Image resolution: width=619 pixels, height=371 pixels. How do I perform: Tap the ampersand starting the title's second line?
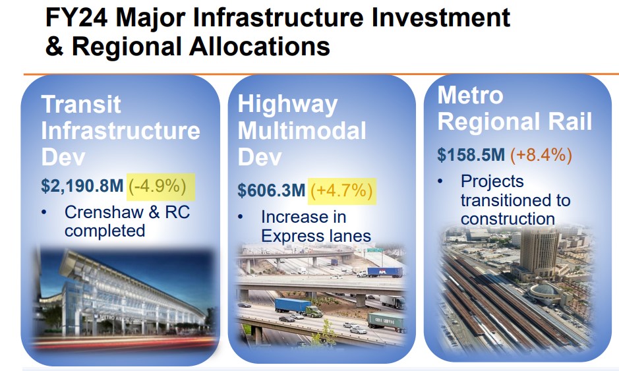pos(55,47)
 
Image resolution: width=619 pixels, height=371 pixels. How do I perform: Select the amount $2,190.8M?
pos(82,186)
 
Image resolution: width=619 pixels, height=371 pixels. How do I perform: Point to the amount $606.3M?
pos(271,190)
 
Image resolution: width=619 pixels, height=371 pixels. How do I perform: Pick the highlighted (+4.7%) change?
pos(341,190)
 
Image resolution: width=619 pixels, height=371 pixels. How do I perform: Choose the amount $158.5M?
pos(471,155)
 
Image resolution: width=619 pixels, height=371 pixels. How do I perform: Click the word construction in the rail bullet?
pos(508,218)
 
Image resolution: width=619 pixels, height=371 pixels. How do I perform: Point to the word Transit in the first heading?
pos(81,104)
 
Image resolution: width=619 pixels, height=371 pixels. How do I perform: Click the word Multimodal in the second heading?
pos(301,130)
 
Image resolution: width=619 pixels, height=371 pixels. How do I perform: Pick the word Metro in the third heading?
pos(470,95)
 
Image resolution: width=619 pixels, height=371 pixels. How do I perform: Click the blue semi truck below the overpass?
pos(295,307)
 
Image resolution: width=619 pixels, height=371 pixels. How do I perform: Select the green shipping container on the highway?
pos(386,321)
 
